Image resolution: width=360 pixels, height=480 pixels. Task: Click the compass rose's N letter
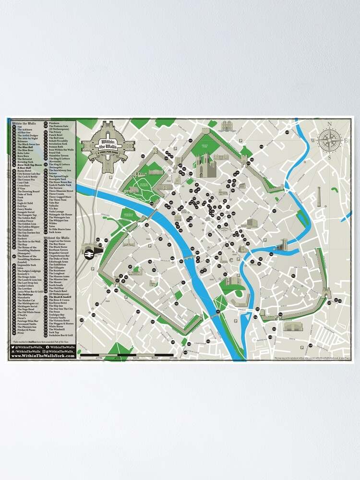tap(330, 124)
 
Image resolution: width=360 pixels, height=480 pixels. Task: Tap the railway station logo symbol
tap(89, 255)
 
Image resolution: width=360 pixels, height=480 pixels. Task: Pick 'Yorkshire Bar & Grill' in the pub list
tap(60, 335)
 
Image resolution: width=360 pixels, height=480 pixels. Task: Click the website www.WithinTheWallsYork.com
tap(42, 356)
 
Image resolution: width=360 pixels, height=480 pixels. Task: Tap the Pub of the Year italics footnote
tap(42, 341)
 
